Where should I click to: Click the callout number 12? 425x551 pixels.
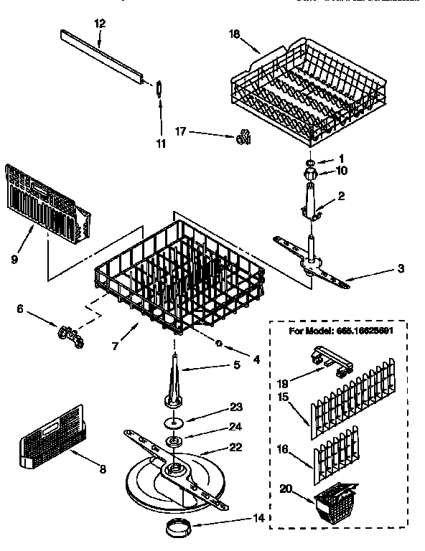(x=100, y=24)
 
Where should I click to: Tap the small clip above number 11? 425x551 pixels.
(x=159, y=87)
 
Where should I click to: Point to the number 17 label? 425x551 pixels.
(x=182, y=131)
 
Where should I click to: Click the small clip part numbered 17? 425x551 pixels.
(x=243, y=136)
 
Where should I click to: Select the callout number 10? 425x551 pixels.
(x=342, y=171)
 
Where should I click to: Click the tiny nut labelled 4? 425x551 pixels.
(x=218, y=344)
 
